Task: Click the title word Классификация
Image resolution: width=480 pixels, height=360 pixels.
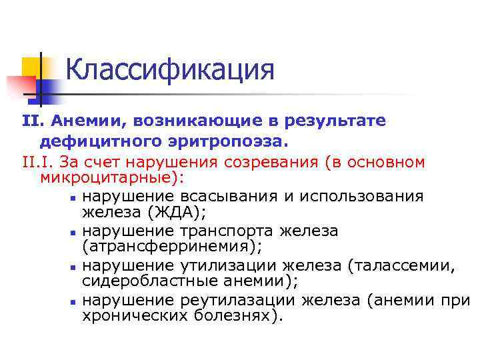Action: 170,70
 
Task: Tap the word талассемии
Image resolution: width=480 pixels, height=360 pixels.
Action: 402,265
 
